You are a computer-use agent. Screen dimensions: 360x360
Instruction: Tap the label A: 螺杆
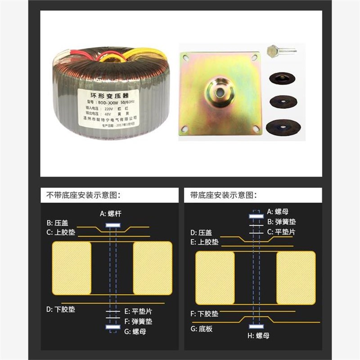click(111, 213)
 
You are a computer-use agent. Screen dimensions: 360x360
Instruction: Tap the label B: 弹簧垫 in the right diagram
click(281, 222)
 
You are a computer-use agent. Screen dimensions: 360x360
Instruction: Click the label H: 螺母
click(259, 336)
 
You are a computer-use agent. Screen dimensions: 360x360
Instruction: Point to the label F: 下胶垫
click(205, 314)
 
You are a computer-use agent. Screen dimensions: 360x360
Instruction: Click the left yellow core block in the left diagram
click(72, 268)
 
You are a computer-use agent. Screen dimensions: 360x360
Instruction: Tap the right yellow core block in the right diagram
click(296, 278)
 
